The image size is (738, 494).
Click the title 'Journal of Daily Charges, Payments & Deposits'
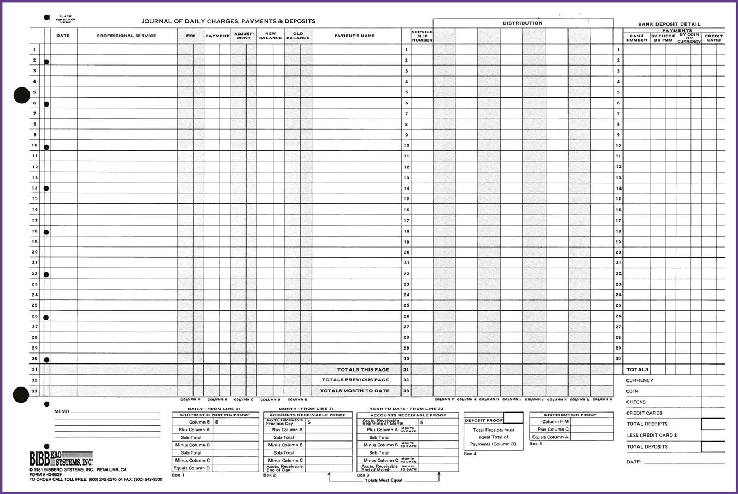228,21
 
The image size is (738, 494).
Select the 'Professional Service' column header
126,36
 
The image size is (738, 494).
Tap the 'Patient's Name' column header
354,36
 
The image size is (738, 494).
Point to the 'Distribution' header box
523,23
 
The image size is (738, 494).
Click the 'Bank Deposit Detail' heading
669,25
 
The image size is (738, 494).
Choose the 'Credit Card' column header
713,38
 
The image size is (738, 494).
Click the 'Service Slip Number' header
422,36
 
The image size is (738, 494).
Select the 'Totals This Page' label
363,370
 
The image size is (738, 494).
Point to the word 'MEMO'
62,411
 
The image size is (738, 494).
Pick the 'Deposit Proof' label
483,420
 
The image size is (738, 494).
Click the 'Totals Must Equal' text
383,480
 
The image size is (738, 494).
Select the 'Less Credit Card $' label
652,436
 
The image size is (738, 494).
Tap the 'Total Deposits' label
647,447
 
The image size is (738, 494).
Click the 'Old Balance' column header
298,36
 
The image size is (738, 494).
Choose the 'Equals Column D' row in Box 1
191,468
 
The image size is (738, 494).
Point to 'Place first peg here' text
65,20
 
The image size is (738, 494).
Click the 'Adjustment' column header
244,36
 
